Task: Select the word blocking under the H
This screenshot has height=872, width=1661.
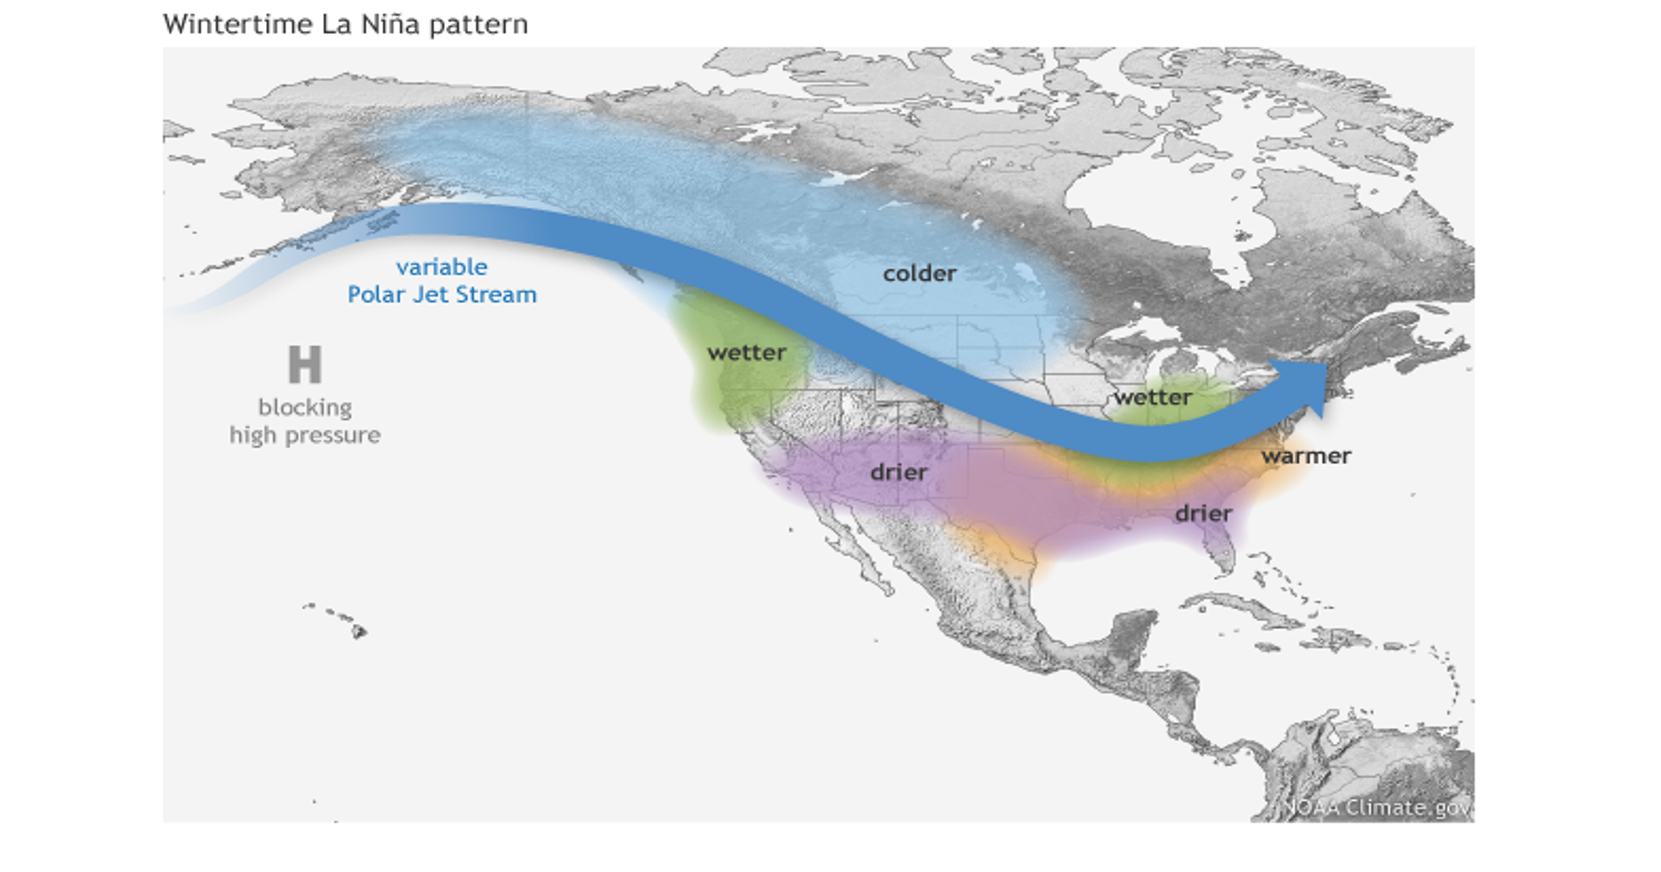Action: [305, 407]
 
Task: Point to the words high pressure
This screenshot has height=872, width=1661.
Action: [305, 435]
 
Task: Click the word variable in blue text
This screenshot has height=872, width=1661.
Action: [442, 267]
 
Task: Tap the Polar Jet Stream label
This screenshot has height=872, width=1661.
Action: [442, 295]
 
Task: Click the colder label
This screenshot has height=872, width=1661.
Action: [919, 274]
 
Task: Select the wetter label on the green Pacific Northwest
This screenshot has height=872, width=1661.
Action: [747, 353]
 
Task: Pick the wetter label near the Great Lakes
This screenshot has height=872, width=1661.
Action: [1153, 397]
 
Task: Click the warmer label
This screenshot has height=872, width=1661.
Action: [1306, 456]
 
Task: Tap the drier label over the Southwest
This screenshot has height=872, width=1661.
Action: [899, 472]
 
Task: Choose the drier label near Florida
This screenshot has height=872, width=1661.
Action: [1203, 514]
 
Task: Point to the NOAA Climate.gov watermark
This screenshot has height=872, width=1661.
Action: [1377, 808]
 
